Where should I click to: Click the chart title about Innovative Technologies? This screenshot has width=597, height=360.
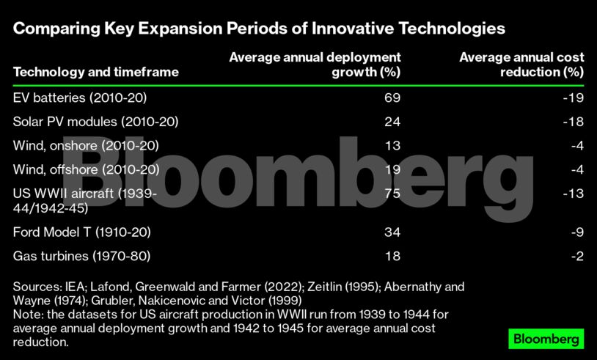click(x=259, y=29)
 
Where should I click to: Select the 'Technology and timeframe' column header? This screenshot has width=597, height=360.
click(x=96, y=72)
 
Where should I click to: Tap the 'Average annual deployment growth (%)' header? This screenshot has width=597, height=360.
click(x=315, y=65)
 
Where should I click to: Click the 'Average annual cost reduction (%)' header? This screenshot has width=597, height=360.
click(x=521, y=65)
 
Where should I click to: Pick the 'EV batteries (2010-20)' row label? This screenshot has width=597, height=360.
click(x=85, y=98)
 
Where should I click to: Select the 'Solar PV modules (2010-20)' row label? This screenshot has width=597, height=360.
click(x=96, y=122)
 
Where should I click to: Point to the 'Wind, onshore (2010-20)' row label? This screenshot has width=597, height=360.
click(x=87, y=145)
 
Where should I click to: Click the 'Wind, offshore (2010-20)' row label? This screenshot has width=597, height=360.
click(x=87, y=169)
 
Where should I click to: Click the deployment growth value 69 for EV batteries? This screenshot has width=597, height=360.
click(x=392, y=98)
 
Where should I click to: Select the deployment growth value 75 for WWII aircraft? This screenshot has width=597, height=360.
click(x=392, y=194)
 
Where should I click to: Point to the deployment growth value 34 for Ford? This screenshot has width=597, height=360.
click(x=392, y=232)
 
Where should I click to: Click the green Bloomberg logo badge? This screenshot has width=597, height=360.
click(x=546, y=339)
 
